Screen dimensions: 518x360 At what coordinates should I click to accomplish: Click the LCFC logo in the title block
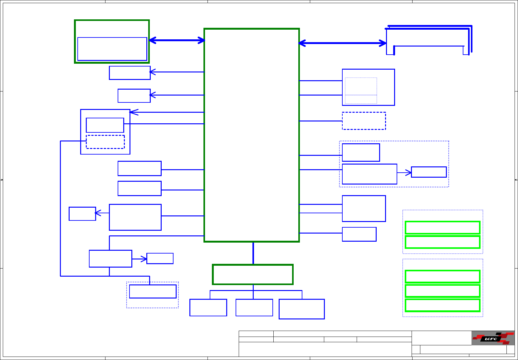[x=493, y=338]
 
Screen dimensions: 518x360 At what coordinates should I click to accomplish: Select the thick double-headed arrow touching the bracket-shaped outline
[x=342, y=43]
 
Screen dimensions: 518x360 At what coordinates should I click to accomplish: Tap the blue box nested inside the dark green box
[x=112, y=49]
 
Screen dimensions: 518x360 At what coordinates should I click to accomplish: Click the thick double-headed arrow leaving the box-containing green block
[x=177, y=40]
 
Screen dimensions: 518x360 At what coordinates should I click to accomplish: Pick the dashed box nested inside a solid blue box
[x=105, y=142]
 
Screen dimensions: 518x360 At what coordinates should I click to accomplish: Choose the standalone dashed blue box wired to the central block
[x=364, y=121]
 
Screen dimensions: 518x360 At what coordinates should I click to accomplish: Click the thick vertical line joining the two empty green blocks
[x=253, y=253]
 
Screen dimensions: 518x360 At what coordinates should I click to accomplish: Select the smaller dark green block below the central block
[x=253, y=274]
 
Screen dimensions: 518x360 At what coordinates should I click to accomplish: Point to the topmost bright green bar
[x=442, y=228]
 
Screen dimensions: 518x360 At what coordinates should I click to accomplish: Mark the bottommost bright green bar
[x=442, y=305]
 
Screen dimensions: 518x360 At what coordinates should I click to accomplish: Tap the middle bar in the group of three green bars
[x=442, y=291]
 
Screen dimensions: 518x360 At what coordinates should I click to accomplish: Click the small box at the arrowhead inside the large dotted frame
[x=429, y=172]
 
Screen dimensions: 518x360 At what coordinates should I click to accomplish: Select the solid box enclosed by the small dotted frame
[x=153, y=291]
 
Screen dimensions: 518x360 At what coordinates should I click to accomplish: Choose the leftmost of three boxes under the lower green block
[x=208, y=308]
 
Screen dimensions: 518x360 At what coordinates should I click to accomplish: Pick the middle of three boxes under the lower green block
[x=254, y=308]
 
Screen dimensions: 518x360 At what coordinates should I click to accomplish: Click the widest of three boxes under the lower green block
[x=301, y=309]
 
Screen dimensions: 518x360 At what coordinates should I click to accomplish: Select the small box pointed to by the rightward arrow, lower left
[x=160, y=259]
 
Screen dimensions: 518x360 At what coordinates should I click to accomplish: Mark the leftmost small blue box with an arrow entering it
[x=82, y=214]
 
